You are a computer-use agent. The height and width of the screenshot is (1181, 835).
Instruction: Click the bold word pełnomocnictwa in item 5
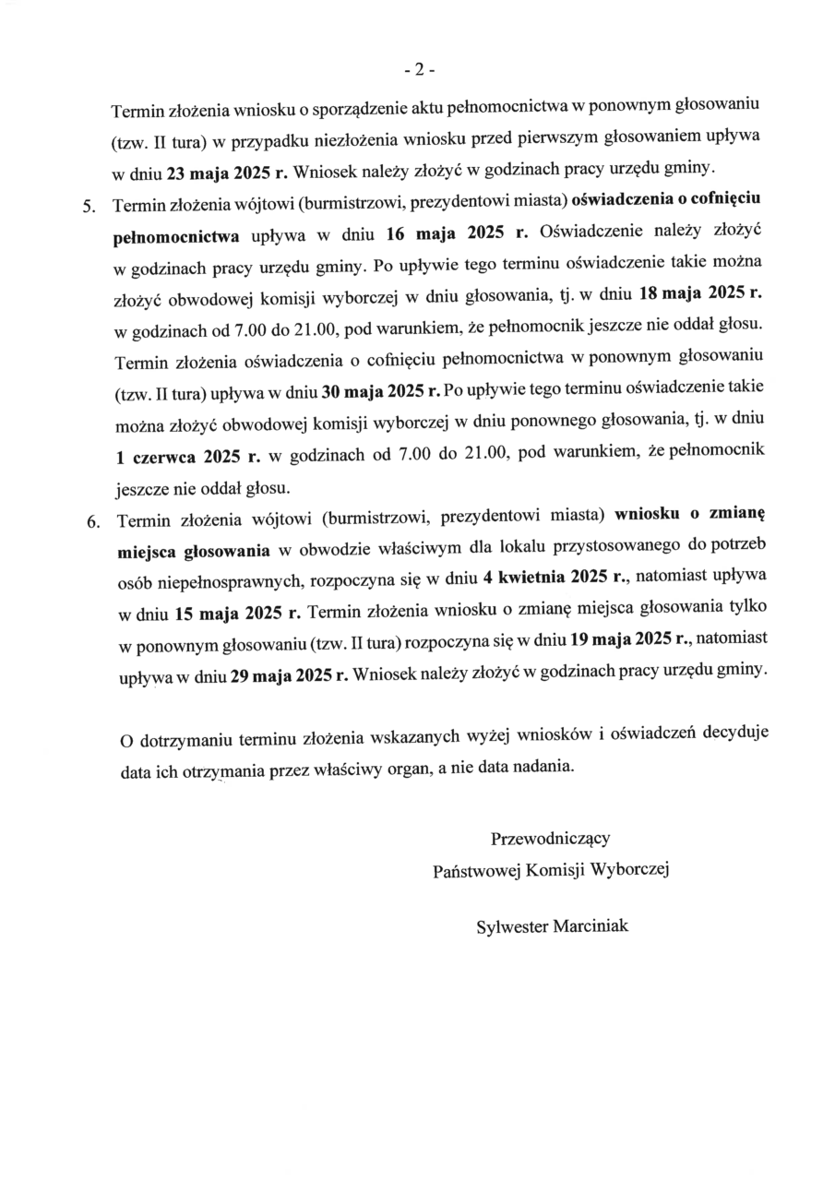click(x=175, y=235)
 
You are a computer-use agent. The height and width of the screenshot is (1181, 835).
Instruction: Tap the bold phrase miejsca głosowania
click(x=194, y=551)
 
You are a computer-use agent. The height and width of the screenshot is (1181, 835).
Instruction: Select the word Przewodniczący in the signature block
click(x=551, y=839)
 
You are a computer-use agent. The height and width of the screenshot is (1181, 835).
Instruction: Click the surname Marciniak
click(x=590, y=925)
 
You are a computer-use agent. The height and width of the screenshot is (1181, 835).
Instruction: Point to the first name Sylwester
click(x=511, y=925)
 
